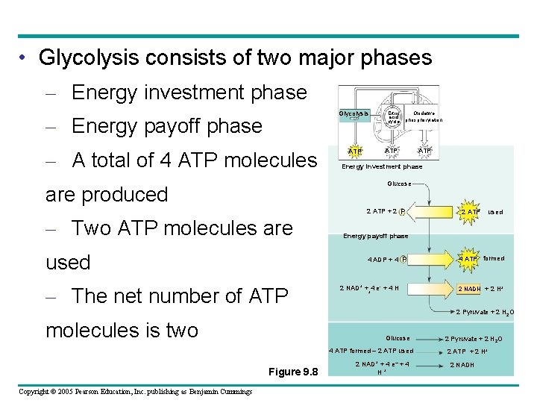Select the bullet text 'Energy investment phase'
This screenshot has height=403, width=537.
189,93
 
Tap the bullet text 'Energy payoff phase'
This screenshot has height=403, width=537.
167,126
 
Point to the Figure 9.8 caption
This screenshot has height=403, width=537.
293,372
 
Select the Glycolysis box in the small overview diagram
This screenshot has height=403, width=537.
354,114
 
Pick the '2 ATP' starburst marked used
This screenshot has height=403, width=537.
469,211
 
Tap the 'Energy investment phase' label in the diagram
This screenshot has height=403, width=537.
382,167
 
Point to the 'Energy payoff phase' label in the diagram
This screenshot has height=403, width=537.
375,236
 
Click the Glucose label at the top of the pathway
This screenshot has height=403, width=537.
399,184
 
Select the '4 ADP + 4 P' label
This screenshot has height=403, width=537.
386,260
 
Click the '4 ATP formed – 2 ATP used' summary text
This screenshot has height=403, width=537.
371,351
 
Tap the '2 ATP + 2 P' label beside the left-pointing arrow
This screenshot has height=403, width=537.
386,211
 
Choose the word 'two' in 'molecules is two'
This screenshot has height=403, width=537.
179,330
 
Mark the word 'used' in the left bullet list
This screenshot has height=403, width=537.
68,263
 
